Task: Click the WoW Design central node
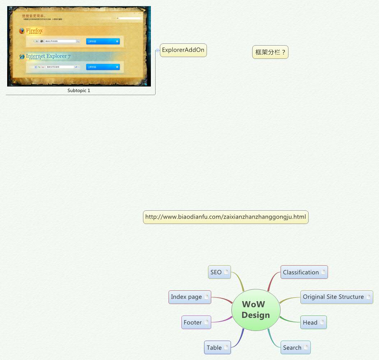tap(255, 309)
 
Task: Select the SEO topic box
tap(216, 272)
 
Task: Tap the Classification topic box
tap(301, 272)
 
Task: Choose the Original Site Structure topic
tap(333, 297)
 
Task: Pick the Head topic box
tap(310, 322)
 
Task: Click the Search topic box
tap(292, 347)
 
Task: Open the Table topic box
tap(214, 347)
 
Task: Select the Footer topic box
tap(193, 322)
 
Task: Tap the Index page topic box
tap(186, 297)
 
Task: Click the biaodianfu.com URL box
tap(226, 217)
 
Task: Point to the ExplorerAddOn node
tap(183, 50)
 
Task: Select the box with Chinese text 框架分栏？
tap(270, 52)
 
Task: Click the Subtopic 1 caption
tap(79, 90)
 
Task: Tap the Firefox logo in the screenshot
tap(22, 31)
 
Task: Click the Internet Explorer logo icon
tap(22, 56)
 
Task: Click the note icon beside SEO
tap(226, 272)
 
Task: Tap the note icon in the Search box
tap(306, 347)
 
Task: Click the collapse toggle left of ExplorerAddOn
tap(157, 51)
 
